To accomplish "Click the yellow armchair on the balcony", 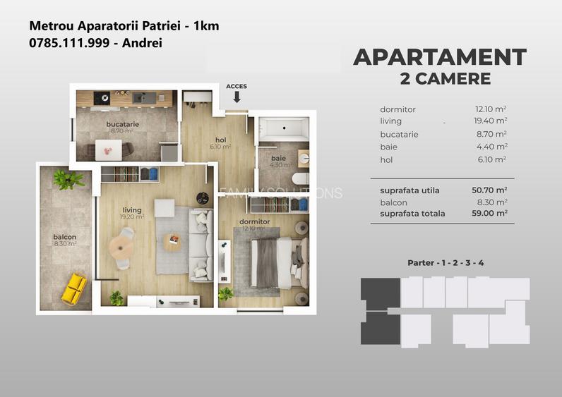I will [73, 288].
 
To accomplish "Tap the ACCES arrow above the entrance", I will [237, 96].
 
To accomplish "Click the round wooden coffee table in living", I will [172, 241].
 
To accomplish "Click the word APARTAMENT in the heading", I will [440, 57].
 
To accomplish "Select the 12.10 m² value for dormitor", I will [491, 109].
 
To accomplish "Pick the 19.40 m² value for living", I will [491, 122].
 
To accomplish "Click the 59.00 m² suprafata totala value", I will [489, 213].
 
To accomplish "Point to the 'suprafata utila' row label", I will [409, 190].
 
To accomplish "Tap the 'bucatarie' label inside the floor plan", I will [122, 125].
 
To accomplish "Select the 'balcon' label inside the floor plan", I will [64, 237].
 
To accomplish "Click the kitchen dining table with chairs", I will [108, 149].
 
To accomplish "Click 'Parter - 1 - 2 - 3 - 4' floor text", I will [446, 263].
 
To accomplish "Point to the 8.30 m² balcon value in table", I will [491, 202].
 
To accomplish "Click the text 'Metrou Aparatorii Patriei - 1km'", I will [124, 25].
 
